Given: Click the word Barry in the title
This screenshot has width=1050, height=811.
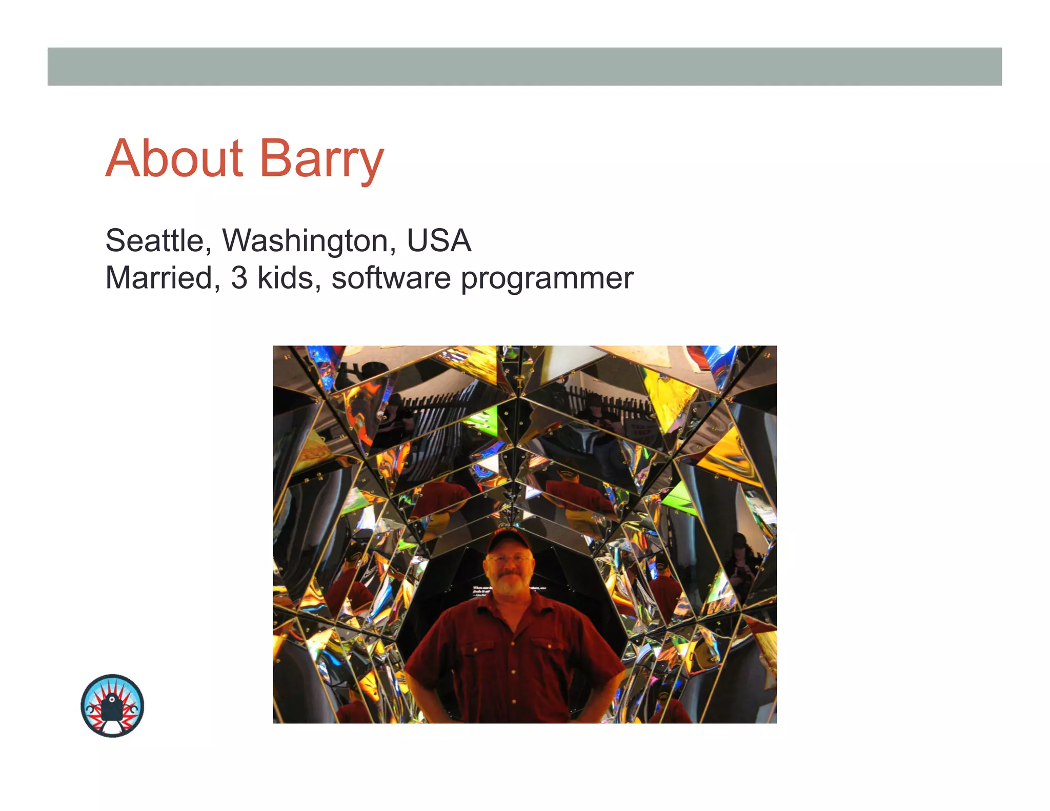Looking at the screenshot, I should (x=321, y=160).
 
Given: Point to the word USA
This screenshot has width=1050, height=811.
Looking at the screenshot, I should (x=439, y=241).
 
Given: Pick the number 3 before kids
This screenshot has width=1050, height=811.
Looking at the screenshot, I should (x=239, y=278).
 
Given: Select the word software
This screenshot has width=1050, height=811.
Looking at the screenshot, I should (x=391, y=278).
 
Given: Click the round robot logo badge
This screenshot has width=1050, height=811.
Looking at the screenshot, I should (x=112, y=706).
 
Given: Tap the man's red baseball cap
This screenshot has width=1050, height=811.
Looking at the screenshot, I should (x=508, y=540).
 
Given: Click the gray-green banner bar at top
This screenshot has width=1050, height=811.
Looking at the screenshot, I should (x=524, y=67).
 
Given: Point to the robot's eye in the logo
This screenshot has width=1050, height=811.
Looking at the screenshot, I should (x=112, y=698).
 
